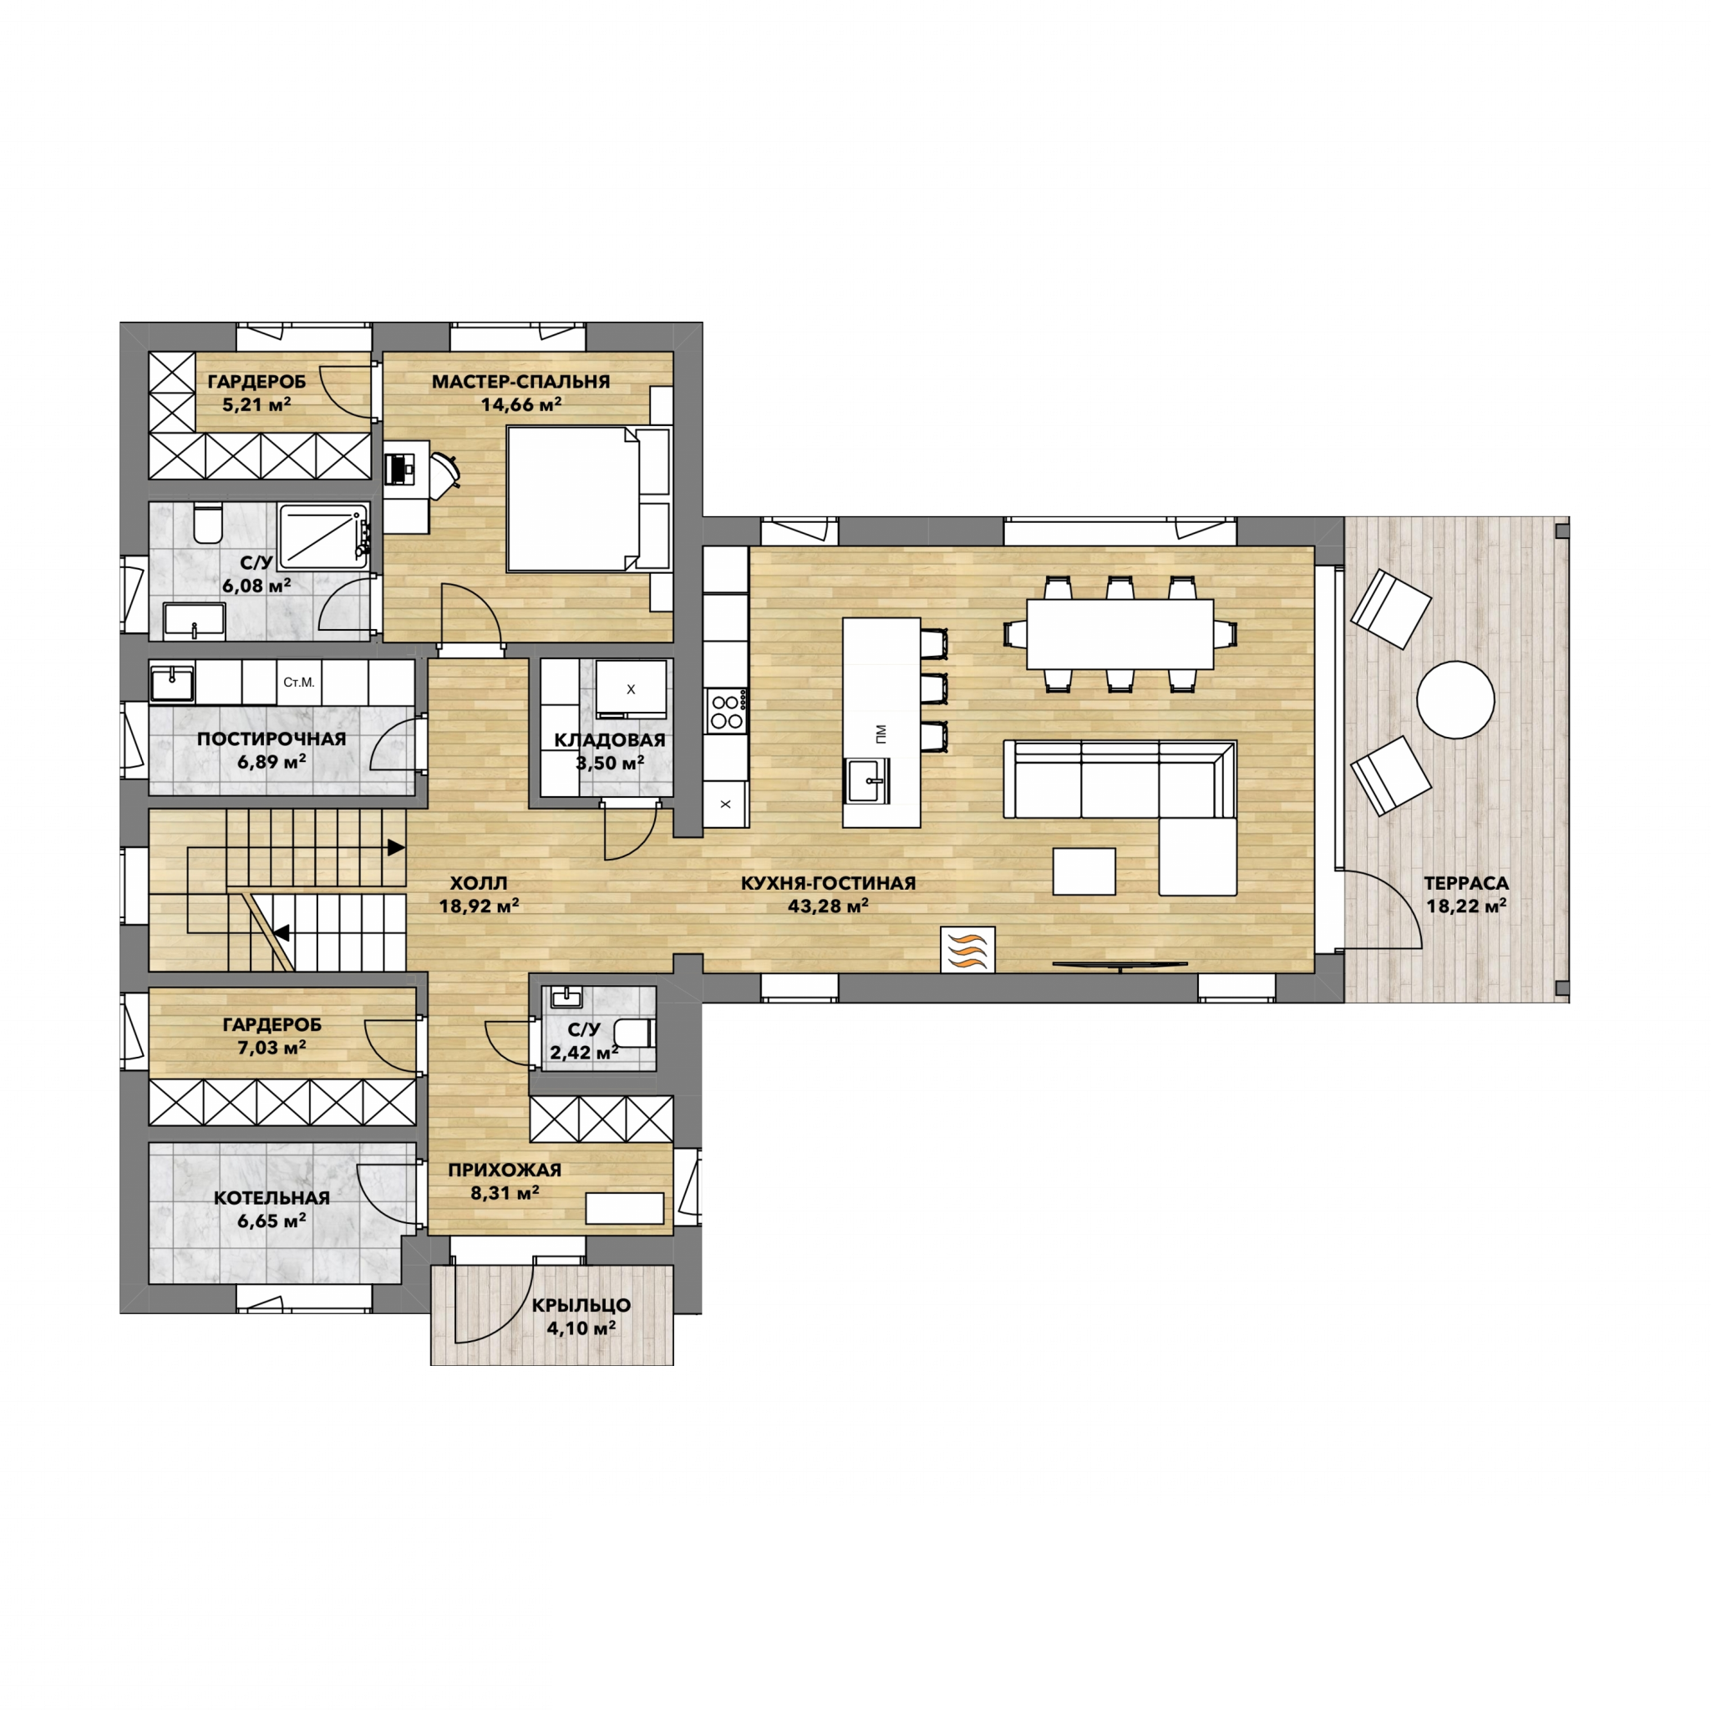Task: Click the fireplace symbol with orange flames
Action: (967, 949)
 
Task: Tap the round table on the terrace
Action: (1455, 699)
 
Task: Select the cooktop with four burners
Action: (726, 710)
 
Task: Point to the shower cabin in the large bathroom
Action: (323, 536)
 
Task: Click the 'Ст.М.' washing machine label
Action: (299, 683)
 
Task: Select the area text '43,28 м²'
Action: (828, 906)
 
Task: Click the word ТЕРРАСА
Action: (1465, 883)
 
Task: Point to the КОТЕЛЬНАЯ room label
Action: (272, 1197)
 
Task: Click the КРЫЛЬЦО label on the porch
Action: (581, 1306)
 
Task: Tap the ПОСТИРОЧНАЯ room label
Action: (272, 739)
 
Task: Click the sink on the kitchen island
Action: (867, 780)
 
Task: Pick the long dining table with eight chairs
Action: (1120, 634)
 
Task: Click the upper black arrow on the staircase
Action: (396, 847)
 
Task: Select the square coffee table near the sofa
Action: (1084, 871)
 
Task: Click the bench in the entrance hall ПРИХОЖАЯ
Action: (624, 1209)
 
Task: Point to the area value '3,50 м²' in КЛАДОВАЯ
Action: (610, 763)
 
